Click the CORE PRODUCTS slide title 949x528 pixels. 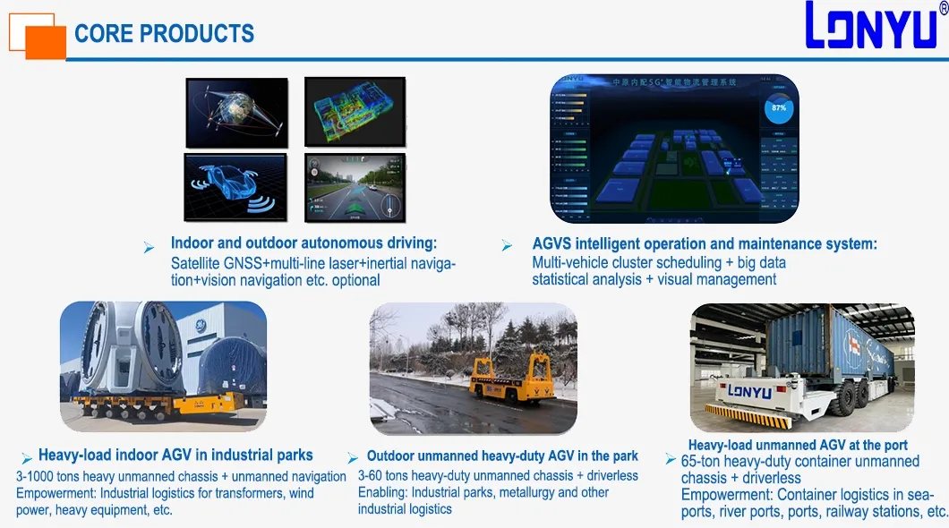(x=164, y=34)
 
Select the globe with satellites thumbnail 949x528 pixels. (x=236, y=112)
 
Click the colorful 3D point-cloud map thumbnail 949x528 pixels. (x=355, y=111)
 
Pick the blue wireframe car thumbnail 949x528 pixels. (x=236, y=187)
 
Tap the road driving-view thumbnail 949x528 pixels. (x=355, y=187)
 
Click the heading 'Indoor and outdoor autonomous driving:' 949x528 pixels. (x=304, y=243)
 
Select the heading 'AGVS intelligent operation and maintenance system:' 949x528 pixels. (x=705, y=243)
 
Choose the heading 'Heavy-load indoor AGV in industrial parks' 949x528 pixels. (x=175, y=456)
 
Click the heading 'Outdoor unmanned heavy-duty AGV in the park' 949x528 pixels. (x=502, y=456)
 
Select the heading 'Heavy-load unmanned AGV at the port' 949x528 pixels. (x=798, y=445)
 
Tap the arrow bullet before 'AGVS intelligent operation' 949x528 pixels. (x=507, y=245)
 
